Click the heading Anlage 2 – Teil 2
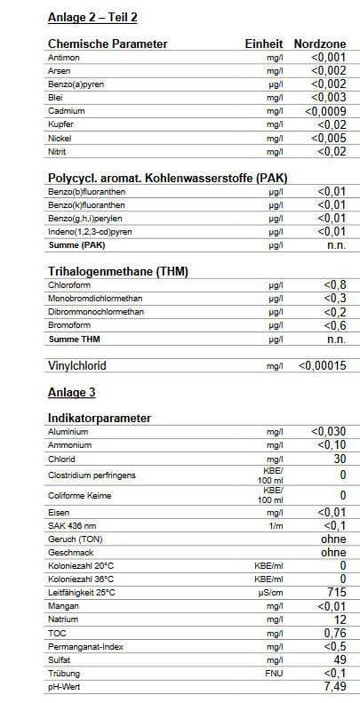pos(92,17)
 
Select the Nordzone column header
pos(319,44)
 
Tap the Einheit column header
pos(264,44)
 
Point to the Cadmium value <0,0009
pos(324,111)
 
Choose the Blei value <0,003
pos(328,98)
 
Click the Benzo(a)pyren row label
pos(73,84)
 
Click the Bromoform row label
pos(67,325)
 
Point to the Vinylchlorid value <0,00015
pos(322,365)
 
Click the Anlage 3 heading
pos(71,391)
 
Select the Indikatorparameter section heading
pos(99,418)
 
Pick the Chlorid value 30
pos(339,459)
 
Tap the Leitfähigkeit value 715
pos(336,592)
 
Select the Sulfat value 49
pos(339,659)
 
